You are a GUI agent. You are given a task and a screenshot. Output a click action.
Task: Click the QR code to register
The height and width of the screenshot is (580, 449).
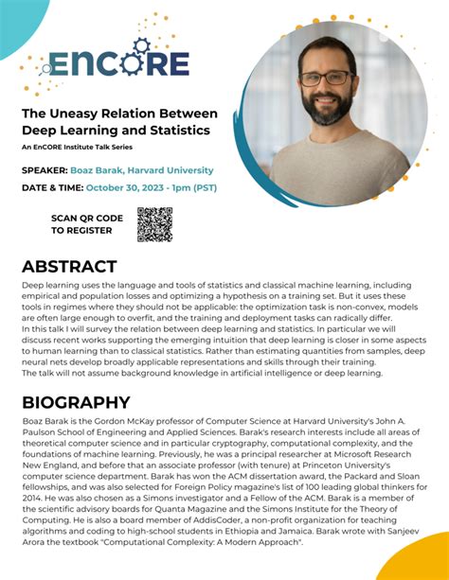coord(154,224)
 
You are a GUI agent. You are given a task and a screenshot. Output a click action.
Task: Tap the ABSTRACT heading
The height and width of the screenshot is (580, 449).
coord(69,266)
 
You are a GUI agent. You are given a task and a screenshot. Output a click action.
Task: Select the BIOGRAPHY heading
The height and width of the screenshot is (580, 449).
coord(76,403)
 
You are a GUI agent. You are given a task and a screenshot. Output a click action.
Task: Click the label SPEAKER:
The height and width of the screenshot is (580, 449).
coord(45,171)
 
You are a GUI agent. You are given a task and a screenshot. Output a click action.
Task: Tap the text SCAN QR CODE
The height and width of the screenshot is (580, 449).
coord(88,218)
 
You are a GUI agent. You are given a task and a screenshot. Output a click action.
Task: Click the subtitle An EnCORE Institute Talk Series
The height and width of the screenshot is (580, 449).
coord(83,148)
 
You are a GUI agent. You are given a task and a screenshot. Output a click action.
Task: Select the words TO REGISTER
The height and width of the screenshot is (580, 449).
coord(81,230)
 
